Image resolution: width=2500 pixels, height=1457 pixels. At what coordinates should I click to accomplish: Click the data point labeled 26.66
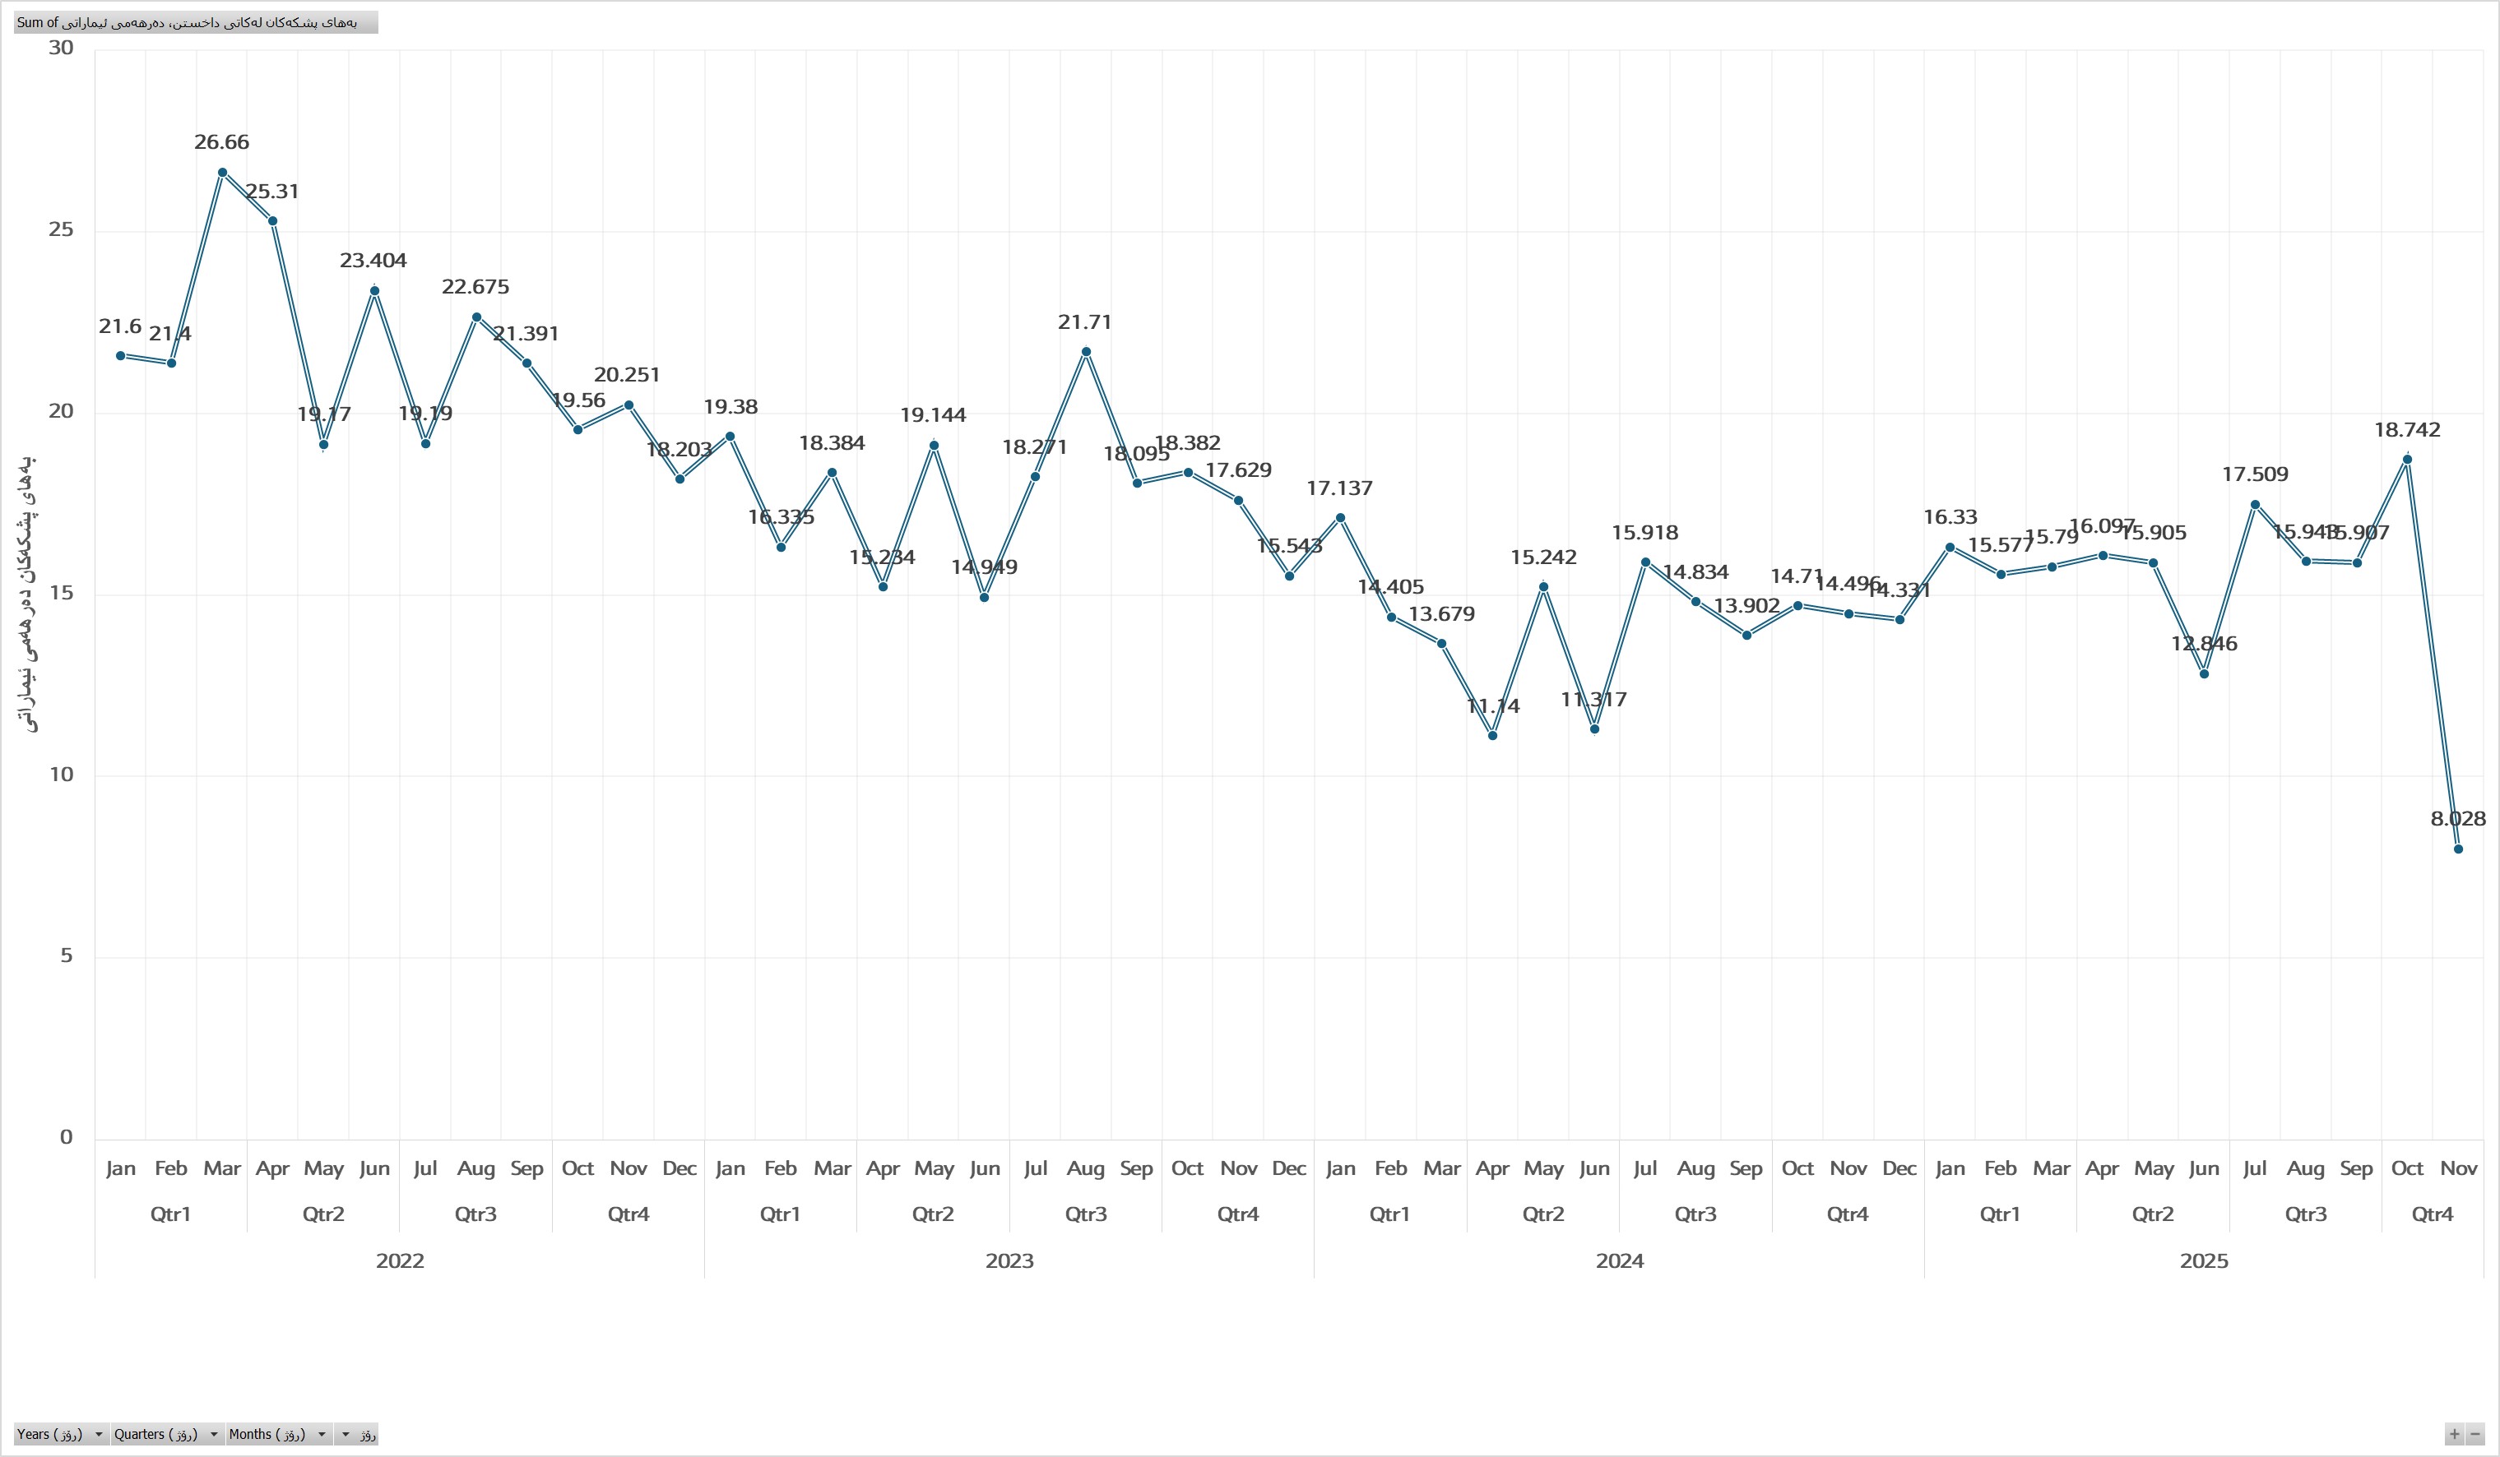point(222,173)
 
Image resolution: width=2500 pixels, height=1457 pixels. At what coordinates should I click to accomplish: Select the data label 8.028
point(2457,819)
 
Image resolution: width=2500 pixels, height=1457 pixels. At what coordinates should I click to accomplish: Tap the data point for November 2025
point(2457,849)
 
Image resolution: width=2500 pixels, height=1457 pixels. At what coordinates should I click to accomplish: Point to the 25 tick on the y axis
point(62,230)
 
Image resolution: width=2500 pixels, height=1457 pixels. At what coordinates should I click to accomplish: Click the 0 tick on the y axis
point(67,1138)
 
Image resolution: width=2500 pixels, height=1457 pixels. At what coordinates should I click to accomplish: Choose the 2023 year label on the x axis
point(1009,1261)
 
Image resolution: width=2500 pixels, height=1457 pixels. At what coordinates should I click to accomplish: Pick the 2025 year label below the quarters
point(2203,1261)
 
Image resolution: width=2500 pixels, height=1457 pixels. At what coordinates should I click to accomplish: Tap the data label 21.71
point(1085,322)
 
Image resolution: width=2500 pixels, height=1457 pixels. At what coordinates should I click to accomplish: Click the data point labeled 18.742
point(2407,459)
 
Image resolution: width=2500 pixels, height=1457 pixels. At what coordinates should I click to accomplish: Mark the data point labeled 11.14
point(1492,735)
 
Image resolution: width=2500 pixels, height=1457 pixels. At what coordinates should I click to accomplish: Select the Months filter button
point(279,1434)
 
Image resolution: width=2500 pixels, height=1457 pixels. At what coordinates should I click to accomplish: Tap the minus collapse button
point(2475,1434)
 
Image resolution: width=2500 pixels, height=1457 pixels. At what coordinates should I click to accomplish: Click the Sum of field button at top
point(196,22)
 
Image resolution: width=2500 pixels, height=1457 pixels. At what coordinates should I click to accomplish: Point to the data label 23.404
point(373,261)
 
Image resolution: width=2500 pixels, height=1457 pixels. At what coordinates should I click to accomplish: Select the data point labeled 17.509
point(2255,505)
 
